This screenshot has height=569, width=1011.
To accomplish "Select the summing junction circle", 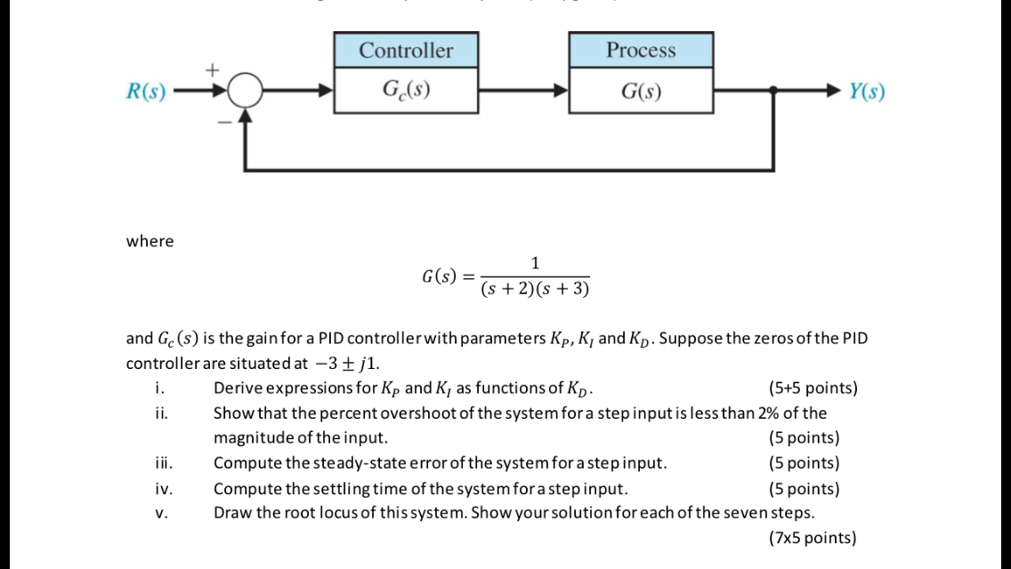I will [245, 91].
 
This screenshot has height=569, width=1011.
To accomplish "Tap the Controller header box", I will [406, 50].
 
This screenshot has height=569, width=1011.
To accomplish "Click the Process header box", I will [641, 50].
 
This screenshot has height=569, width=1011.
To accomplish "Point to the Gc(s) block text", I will [407, 91].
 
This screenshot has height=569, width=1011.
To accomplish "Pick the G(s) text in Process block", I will [641, 92].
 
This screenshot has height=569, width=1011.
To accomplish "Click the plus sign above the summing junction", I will [213, 68].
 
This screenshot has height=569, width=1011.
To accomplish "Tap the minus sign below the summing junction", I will [225, 123].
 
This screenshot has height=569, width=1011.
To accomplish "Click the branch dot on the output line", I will [772, 91].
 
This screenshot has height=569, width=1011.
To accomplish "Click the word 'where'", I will [150, 241].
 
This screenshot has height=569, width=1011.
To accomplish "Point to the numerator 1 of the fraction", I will [534, 262].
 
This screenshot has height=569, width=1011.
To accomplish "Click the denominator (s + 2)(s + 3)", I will [535, 290].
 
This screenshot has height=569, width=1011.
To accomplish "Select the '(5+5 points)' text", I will [813, 389].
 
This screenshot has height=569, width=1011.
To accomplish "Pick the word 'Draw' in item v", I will [231, 513].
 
